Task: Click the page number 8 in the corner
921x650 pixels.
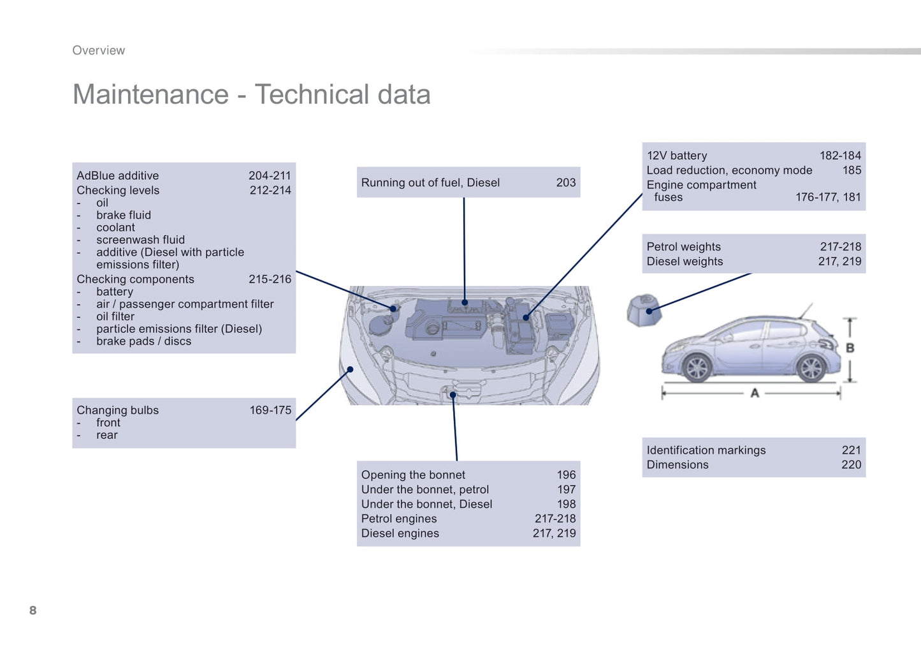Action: pos(33,610)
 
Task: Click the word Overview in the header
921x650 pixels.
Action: pos(99,50)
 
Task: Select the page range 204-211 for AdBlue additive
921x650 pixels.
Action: pos(270,175)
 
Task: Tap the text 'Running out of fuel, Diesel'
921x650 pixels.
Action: pos(430,182)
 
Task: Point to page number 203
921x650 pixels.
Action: pos(566,182)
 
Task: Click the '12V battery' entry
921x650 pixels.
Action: pos(677,156)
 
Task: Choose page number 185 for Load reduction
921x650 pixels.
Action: pos(852,170)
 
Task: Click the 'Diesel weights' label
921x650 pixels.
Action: pos(685,262)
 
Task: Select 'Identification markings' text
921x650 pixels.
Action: pos(706,450)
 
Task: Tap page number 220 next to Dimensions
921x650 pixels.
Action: pos(852,465)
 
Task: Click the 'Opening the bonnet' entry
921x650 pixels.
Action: pos(413,475)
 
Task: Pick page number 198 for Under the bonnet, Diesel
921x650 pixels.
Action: pos(567,505)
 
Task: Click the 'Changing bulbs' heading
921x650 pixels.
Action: pos(117,411)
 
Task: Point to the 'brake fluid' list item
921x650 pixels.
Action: pos(124,215)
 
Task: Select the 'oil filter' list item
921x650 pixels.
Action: pos(115,317)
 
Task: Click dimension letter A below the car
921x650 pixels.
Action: pos(755,394)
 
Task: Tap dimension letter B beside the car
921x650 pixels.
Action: pos(850,348)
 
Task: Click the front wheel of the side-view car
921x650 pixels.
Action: pos(697,367)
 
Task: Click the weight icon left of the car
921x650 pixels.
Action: pos(644,310)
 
